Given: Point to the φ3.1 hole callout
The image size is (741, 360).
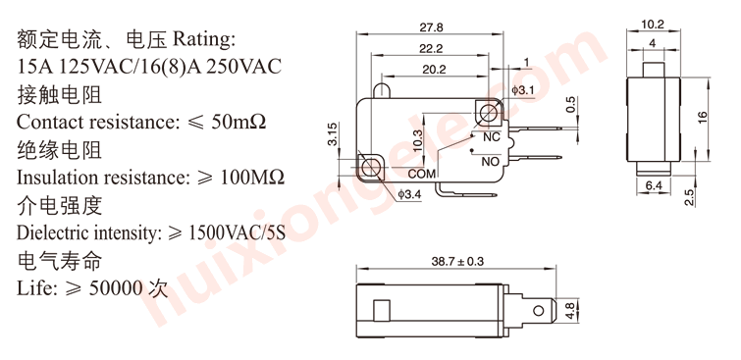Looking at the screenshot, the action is [x=522, y=90].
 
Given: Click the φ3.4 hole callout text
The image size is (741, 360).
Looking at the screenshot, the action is [x=409, y=193].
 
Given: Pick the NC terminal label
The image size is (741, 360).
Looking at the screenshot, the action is [x=491, y=137].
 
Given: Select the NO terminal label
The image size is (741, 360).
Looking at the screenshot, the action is [x=491, y=162].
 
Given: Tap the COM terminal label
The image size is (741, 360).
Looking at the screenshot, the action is [x=422, y=174].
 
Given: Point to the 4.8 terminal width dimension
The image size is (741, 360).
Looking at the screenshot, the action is [x=569, y=310].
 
